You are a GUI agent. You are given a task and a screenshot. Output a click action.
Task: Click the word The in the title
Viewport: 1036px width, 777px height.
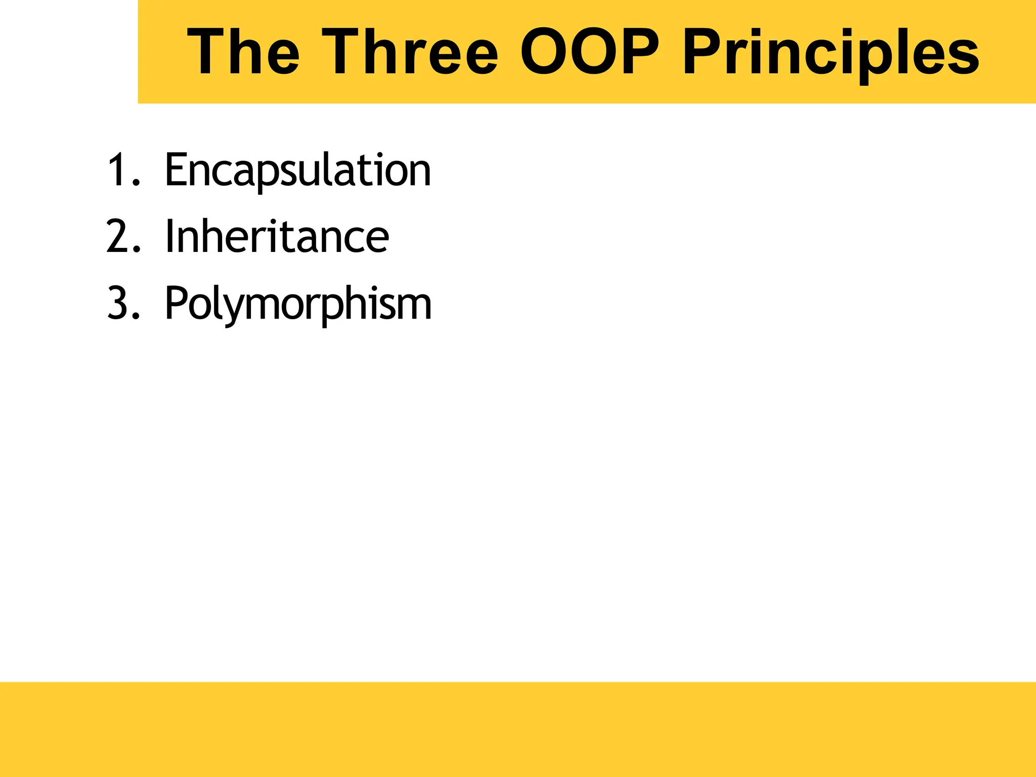(243, 52)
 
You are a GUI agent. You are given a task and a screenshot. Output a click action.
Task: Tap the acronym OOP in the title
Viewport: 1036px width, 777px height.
(590, 52)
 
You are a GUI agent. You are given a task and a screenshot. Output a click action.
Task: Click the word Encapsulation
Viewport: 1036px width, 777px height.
(298, 171)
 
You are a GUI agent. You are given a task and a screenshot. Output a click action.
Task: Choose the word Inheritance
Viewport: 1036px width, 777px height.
(277, 237)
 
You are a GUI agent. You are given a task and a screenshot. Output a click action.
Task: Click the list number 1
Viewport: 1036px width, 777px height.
(117, 170)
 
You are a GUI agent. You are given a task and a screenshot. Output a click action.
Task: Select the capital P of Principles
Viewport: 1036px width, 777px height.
(704, 52)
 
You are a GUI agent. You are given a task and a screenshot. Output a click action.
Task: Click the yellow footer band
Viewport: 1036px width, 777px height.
(518, 729)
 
